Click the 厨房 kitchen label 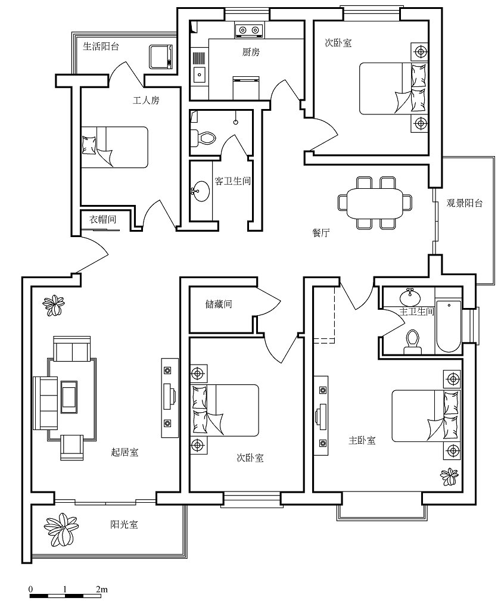click(251, 52)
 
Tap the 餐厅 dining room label click(321, 233)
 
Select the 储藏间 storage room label click(219, 304)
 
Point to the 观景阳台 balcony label click(465, 203)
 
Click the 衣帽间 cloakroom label click(102, 219)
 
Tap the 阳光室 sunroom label click(124, 524)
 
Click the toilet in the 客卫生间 click(203, 138)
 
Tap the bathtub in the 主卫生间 click(449, 326)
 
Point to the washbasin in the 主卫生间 click(410, 298)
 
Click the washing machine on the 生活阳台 click(161, 57)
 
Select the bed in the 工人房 click(115, 147)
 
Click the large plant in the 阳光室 click(61, 528)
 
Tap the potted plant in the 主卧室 click(450, 477)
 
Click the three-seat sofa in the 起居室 click(45, 403)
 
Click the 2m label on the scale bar click(101, 589)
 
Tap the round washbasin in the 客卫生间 click(201, 191)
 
